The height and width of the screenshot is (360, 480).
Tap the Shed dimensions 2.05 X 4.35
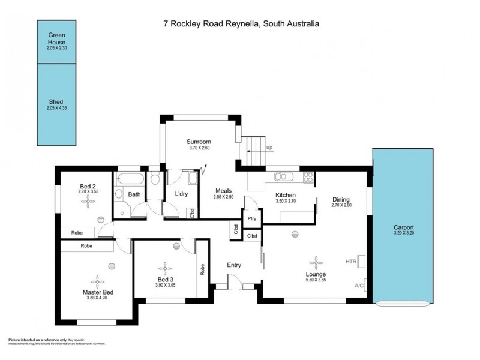coord(56,108)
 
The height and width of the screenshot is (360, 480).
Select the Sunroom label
coord(198,142)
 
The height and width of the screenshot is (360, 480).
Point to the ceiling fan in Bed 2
coord(88,202)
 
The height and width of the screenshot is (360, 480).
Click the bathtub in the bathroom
coord(130,179)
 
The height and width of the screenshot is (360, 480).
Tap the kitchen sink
coord(281,177)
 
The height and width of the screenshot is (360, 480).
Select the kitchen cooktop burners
coord(308,177)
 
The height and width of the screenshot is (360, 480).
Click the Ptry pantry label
coord(251,218)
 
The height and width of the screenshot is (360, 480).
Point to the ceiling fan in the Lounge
coord(315,262)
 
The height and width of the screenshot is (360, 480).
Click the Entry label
coord(234,265)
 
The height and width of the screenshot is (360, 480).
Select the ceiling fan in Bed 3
coord(165,268)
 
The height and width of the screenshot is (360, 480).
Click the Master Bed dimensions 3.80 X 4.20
coord(98,299)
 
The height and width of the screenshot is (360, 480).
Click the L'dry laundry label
coord(182,194)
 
